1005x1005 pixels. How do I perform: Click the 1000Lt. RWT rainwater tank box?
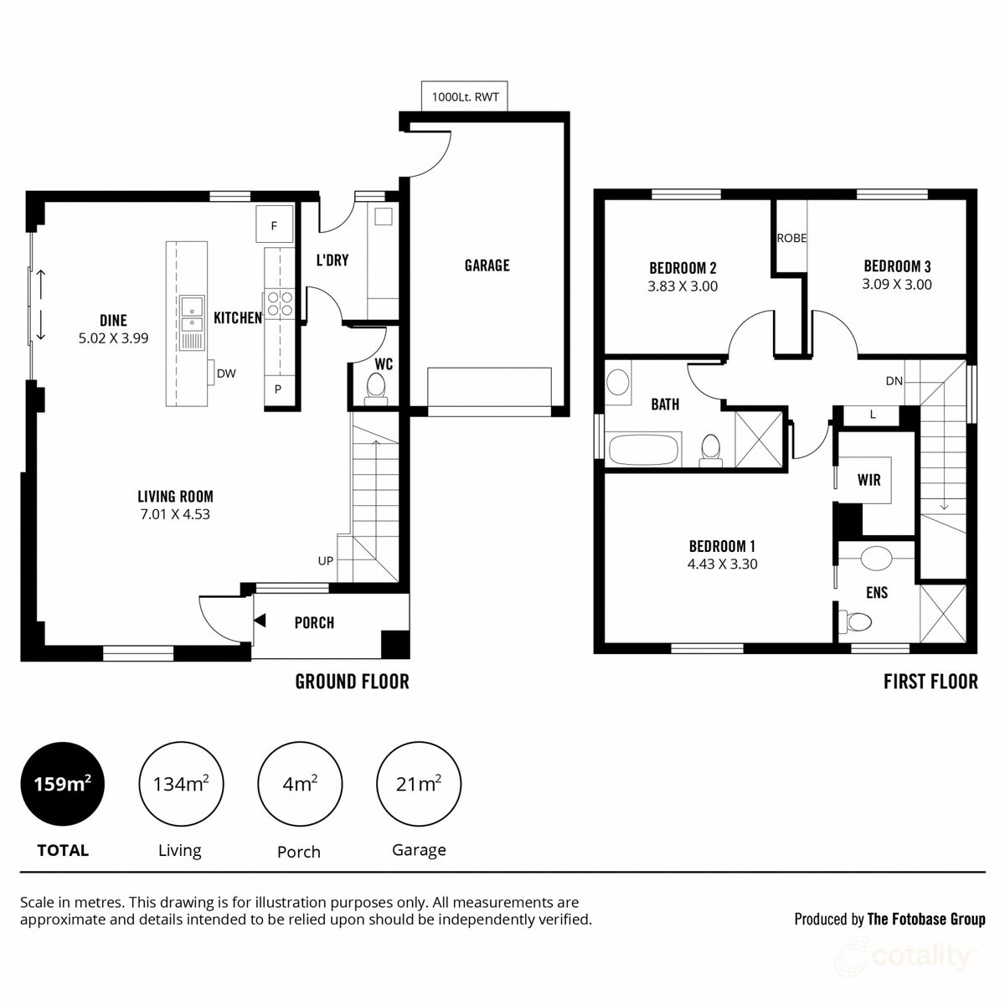coord(464,96)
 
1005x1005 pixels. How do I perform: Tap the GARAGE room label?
coord(487,265)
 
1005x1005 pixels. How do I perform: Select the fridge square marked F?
coord(274,224)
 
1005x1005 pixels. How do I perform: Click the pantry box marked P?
coord(277,389)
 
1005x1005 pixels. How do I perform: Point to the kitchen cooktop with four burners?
coord(280,303)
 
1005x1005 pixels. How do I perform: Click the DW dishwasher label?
coord(226,374)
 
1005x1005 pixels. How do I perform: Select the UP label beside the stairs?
coord(325,560)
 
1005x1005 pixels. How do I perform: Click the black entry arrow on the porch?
coord(260,621)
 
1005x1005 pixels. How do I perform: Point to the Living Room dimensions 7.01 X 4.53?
coord(175,514)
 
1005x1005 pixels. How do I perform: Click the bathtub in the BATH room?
coord(643,449)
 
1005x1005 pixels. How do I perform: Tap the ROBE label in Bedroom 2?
coord(791,238)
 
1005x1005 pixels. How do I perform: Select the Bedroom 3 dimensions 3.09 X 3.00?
coord(896,284)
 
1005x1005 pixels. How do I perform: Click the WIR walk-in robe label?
coord(868,479)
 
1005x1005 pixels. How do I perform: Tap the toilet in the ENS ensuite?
coord(855,621)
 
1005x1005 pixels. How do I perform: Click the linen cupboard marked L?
coord(872,415)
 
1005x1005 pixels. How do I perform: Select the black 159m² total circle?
coord(63,784)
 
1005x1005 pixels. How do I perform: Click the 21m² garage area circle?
coord(418,784)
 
